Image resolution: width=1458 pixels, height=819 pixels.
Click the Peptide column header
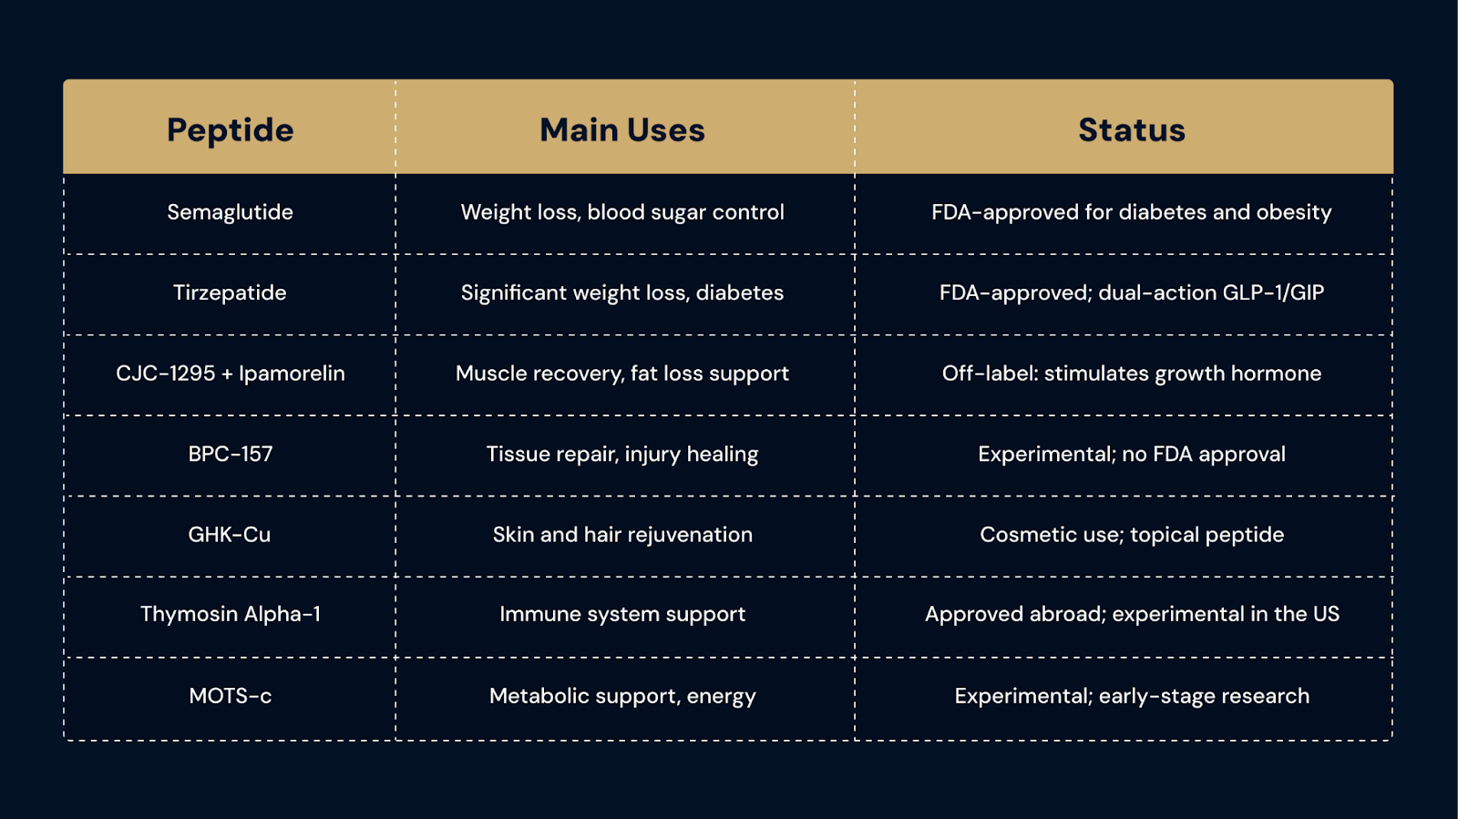click(x=230, y=130)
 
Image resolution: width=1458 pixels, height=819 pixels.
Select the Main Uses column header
click(x=622, y=129)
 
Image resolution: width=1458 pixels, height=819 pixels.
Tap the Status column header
click(x=1131, y=129)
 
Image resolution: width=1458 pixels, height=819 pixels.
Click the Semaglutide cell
click(x=230, y=212)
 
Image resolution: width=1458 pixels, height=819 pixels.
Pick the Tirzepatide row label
click(x=230, y=293)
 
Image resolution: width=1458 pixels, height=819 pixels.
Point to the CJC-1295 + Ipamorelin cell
click(x=230, y=374)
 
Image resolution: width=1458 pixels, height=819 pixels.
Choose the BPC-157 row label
click(x=230, y=454)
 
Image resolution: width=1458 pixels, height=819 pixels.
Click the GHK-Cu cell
click(x=230, y=534)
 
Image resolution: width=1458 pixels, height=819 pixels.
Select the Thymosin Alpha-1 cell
click(x=230, y=614)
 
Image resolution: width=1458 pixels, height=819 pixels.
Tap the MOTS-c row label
click(x=230, y=695)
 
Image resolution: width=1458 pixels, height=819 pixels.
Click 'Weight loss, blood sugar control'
click(x=622, y=212)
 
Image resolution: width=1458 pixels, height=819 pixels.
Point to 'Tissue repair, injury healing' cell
click(x=622, y=454)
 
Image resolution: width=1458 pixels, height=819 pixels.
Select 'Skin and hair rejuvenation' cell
click(x=622, y=535)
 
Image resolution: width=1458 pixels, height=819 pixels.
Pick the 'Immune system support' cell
click(x=622, y=615)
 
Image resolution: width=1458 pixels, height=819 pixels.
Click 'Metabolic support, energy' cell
click(x=622, y=696)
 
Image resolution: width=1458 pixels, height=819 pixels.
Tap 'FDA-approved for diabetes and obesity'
click(x=1131, y=212)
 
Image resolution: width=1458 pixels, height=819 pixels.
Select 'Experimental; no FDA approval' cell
click(x=1131, y=454)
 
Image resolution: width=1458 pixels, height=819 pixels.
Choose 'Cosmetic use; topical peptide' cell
click(x=1131, y=535)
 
